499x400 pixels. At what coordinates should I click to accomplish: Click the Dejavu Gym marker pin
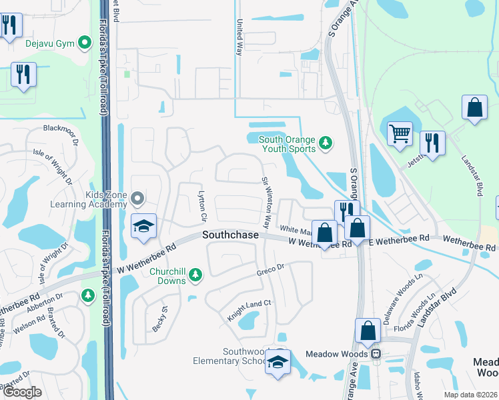[85, 43]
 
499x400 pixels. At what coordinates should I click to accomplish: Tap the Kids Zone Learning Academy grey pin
[137, 198]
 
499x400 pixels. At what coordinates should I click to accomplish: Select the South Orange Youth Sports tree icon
[326, 143]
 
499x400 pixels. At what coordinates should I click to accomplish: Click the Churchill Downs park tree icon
[195, 274]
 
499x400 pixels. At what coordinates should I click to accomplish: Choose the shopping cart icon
[400, 133]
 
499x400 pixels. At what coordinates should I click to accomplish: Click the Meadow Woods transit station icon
[376, 353]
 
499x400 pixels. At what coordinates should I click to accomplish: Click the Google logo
[22, 392]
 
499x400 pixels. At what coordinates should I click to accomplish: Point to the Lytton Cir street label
[202, 206]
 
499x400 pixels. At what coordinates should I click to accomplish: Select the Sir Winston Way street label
[266, 201]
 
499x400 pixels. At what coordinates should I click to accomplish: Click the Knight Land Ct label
[249, 310]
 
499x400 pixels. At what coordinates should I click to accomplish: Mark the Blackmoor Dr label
[61, 129]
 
